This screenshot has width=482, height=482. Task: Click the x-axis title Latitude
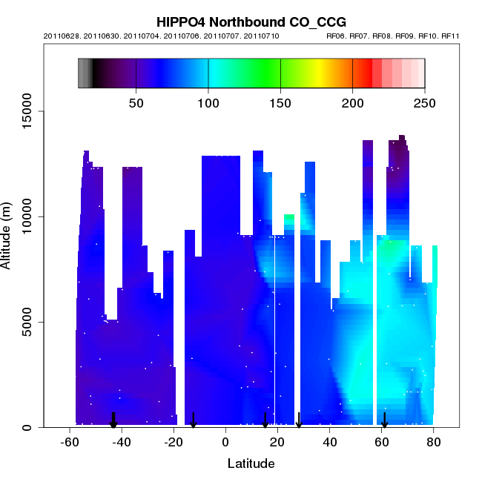pos(251,464)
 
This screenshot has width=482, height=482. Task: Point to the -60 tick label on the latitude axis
pos(70,443)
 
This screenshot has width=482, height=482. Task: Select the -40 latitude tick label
pos(122,443)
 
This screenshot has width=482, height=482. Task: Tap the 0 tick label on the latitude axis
pos(225,443)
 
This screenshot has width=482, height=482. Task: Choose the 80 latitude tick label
pos(434,443)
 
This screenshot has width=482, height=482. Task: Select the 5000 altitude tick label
pos(30,322)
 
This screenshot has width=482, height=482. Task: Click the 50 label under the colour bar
pos(136,102)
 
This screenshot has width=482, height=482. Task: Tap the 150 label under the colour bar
pos(280,102)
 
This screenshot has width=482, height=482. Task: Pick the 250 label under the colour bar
pos(424,102)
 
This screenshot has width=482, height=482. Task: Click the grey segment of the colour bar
pos(85,73)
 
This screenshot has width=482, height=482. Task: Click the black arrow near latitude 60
pos(384,420)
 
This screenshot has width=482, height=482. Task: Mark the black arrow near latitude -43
pos(113,420)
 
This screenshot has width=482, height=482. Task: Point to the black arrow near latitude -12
pos(193,420)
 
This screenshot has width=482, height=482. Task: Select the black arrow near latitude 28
pos(299,420)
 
